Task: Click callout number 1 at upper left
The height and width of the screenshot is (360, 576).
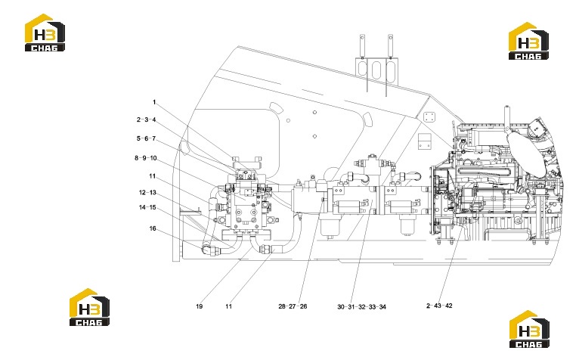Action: tap(154, 102)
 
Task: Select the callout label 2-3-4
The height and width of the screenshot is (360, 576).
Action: tap(146, 119)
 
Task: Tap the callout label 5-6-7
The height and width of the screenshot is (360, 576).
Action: tap(146, 138)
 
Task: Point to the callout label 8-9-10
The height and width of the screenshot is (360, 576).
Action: tap(146, 158)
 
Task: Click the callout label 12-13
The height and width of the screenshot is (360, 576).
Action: tap(147, 192)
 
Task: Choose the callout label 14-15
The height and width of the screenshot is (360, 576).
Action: tap(147, 207)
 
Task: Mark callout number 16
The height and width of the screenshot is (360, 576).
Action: tap(153, 228)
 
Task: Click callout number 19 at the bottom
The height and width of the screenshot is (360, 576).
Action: tap(199, 306)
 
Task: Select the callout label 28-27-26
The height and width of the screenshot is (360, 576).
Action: tap(293, 306)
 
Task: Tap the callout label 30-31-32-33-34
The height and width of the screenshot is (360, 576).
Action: tap(362, 306)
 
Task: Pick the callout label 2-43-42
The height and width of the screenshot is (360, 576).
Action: tap(439, 306)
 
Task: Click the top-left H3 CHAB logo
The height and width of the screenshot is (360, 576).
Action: tap(45, 33)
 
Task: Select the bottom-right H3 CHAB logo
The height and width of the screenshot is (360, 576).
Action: tap(529, 329)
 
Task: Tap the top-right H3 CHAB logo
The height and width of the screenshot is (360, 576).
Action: tap(528, 41)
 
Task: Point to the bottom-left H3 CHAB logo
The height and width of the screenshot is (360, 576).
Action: tap(90, 307)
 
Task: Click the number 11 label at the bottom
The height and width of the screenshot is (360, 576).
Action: tap(228, 306)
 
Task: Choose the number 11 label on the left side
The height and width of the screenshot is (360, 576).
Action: tap(153, 176)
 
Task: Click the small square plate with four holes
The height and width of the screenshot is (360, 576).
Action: tap(429, 118)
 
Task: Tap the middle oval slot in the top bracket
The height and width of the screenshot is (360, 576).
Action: tap(376, 70)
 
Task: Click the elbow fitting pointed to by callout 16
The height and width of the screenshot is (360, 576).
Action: tap(208, 250)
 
